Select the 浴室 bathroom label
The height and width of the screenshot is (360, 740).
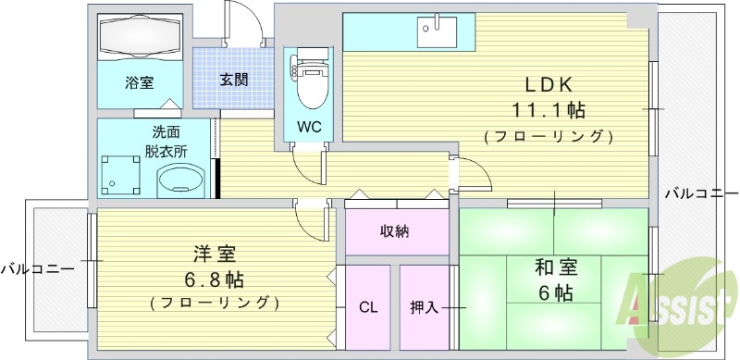click(x=140, y=81)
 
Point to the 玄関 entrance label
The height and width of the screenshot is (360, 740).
click(x=234, y=80)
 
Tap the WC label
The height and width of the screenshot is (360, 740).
click(x=309, y=128)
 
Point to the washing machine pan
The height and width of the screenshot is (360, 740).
click(x=117, y=174)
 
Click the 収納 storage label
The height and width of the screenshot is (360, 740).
click(x=395, y=231)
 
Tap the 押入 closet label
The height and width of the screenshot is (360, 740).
click(x=425, y=307)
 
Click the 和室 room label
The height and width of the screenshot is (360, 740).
click(x=556, y=269)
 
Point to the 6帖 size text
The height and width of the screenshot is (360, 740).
click(x=556, y=294)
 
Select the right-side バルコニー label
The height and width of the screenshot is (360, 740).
click(x=701, y=193)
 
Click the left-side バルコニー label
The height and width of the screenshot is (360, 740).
click(x=37, y=269)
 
